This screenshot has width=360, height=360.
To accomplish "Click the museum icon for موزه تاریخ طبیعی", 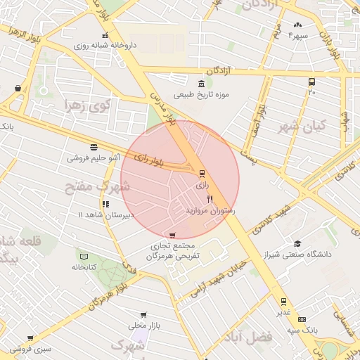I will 202,84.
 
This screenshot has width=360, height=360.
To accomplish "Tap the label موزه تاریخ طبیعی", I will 202,95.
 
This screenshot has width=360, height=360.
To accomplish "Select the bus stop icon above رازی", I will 202,174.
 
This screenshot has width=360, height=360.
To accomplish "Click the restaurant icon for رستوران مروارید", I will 210,199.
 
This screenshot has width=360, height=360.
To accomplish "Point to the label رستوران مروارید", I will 210,210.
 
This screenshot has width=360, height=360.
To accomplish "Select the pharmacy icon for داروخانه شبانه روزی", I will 105,35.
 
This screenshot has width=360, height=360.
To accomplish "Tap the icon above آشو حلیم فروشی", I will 94,146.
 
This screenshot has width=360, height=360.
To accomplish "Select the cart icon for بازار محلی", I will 144,315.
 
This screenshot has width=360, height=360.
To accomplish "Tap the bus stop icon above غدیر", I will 283,301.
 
